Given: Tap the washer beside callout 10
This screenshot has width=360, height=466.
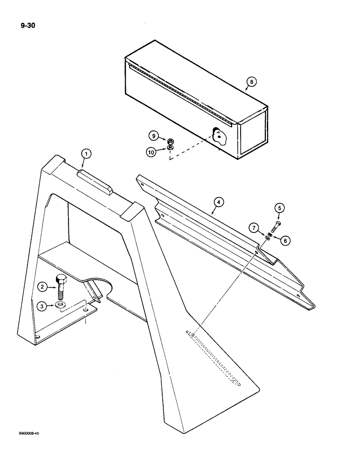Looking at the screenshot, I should pos(171,148).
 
